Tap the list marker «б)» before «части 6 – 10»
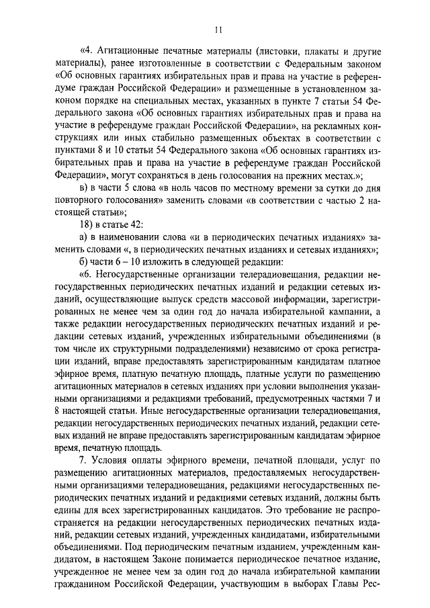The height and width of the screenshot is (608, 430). click(x=85, y=261)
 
